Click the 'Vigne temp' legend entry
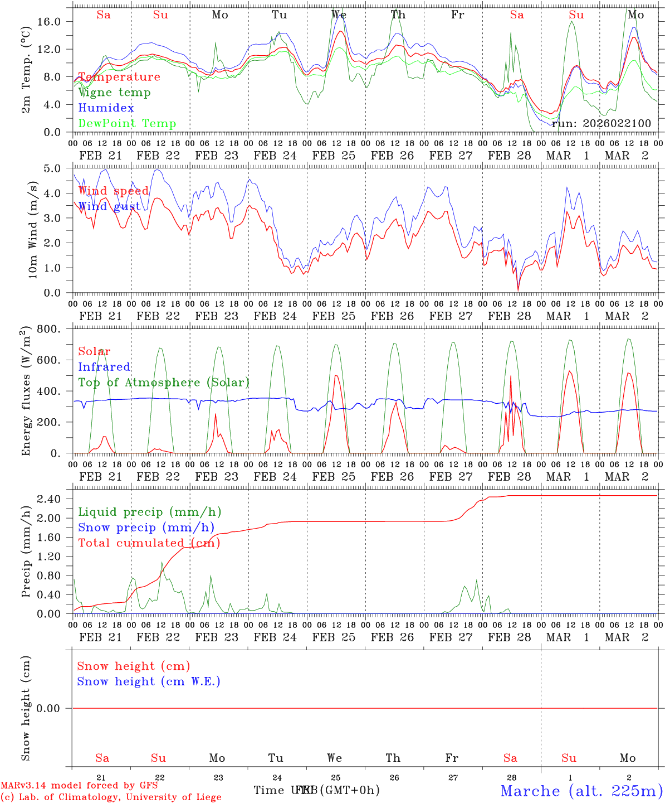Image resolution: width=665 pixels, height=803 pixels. click(x=114, y=93)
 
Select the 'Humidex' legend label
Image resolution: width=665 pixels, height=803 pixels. click(x=106, y=108)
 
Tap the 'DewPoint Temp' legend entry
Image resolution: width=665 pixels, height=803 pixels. click(x=127, y=124)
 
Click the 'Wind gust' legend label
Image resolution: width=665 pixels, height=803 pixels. click(x=109, y=206)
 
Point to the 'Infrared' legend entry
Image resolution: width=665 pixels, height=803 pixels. click(x=104, y=367)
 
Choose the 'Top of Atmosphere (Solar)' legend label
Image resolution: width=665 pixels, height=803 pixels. click(x=163, y=383)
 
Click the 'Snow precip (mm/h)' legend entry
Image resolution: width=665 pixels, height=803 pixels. click(x=146, y=528)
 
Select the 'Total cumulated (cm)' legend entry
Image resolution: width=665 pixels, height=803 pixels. click(x=149, y=543)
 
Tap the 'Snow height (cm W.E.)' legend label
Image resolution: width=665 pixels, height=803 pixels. click(x=148, y=681)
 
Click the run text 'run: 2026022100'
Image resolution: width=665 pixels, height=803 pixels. click(x=602, y=124)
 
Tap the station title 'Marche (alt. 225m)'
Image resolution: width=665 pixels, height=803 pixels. click(x=581, y=791)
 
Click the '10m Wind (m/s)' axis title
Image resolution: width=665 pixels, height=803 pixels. click(x=32, y=230)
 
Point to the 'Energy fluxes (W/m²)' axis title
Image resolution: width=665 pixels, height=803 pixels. click(x=26, y=391)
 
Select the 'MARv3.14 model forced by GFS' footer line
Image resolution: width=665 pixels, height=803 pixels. click(x=79, y=786)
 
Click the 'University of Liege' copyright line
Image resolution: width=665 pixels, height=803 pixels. click(x=111, y=797)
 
